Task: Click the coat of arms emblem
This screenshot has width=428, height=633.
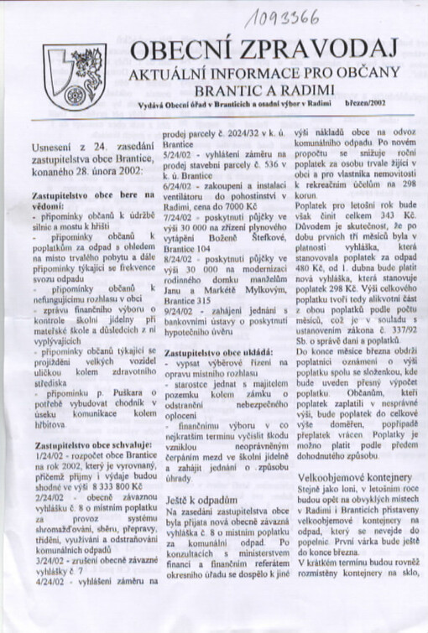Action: (x=74, y=78)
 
